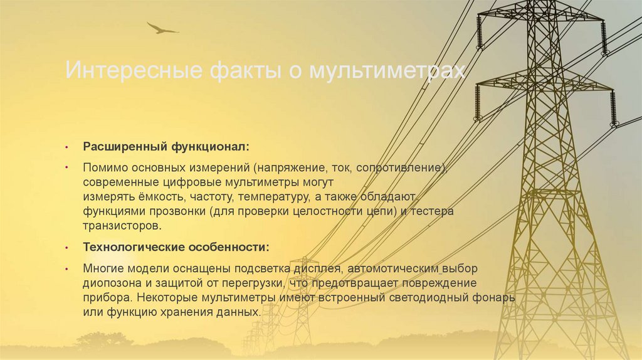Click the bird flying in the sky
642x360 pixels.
pos(162,28)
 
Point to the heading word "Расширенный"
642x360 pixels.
pos(123,147)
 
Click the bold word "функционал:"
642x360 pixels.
pos(208,147)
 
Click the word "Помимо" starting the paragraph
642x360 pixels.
pos(103,168)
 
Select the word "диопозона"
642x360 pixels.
pos(109,282)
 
